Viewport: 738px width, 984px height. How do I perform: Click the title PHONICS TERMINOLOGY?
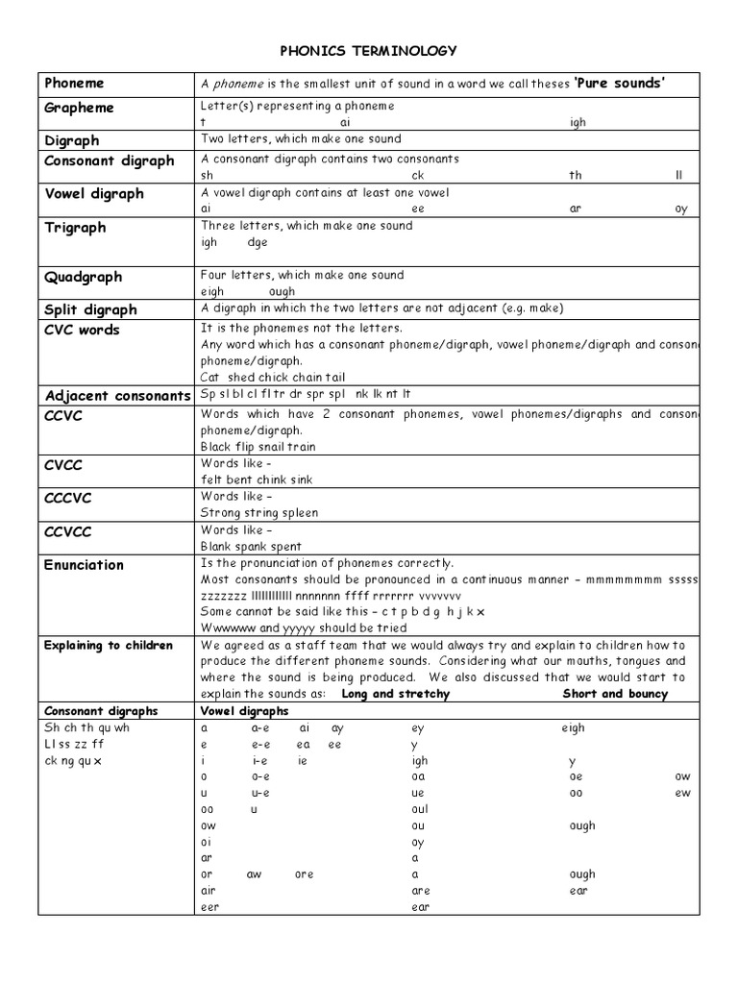[x=368, y=50]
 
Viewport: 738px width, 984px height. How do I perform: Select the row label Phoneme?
[x=74, y=84]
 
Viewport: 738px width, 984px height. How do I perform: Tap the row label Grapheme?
[x=79, y=108]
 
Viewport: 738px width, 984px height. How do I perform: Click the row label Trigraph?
[x=75, y=228]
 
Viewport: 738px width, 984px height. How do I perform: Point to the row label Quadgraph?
[x=84, y=277]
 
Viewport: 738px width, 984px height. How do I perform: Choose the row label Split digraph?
[x=90, y=309]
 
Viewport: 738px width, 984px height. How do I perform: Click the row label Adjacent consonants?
[x=119, y=396]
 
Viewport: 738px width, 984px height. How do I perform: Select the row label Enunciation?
[x=84, y=565]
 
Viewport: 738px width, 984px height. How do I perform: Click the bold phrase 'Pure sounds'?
[x=621, y=84]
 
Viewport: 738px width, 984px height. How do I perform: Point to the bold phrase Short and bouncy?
[x=614, y=694]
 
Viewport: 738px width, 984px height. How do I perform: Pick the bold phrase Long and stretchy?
[x=395, y=694]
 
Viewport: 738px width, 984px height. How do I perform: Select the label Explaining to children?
[x=109, y=645]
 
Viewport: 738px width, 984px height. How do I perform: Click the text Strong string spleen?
[x=259, y=513]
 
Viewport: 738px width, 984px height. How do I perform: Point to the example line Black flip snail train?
[x=258, y=447]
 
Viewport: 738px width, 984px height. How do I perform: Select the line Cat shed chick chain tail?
[x=272, y=378]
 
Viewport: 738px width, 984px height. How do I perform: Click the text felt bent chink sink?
[x=256, y=480]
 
